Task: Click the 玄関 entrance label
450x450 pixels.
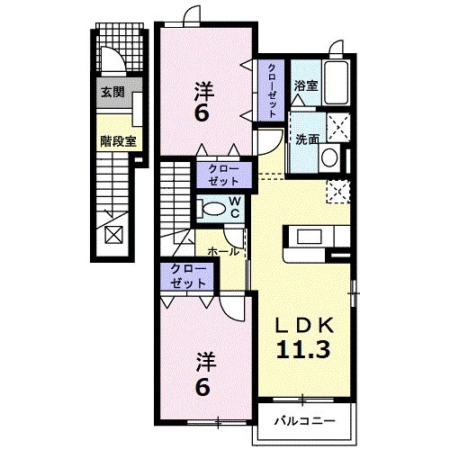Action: [112, 92]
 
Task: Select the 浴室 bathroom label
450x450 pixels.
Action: [306, 86]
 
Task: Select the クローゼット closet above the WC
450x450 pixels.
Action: [219, 174]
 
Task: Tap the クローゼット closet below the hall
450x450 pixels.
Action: [184, 276]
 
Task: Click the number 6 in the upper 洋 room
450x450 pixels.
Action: [202, 115]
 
